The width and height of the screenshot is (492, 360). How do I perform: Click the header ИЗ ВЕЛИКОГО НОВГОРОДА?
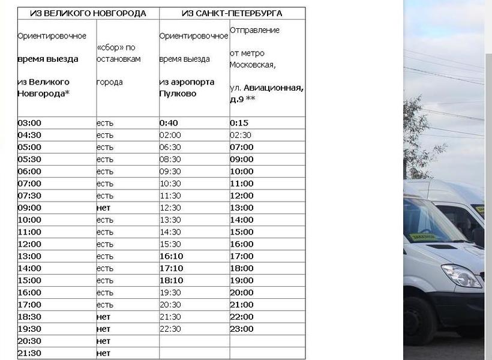click(88, 13)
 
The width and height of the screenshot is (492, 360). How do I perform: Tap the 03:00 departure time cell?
click(29, 123)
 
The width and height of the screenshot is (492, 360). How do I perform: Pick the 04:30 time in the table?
click(29, 135)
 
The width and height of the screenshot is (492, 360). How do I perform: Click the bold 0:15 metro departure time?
click(239, 123)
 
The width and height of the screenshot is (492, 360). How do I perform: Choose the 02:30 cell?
click(241, 135)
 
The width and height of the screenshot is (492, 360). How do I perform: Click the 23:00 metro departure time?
click(242, 329)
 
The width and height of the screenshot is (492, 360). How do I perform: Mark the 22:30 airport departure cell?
click(170, 329)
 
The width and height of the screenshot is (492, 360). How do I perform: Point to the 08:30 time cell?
click(170, 160)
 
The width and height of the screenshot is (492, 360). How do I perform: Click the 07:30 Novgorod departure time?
click(29, 196)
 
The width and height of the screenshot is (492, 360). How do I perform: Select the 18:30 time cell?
click(29, 317)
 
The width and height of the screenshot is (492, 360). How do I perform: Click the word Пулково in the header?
click(178, 94)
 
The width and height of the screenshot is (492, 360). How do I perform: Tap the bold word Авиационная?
click(273, 88)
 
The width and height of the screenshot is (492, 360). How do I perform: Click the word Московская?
click(252, 65)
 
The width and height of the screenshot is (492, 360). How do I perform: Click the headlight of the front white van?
click(461, 276)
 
